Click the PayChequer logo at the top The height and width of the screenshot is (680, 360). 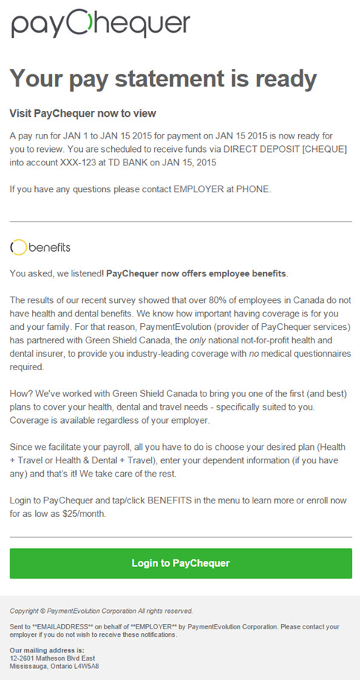101,24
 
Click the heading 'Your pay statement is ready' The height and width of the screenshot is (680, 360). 163,78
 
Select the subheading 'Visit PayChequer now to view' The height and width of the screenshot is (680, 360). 83,113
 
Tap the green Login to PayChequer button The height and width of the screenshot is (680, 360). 180,563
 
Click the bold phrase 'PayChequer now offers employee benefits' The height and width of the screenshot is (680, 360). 196,273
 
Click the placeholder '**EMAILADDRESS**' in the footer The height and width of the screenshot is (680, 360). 57,627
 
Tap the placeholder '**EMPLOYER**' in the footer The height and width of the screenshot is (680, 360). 142,627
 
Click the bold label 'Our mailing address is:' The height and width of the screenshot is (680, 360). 46,650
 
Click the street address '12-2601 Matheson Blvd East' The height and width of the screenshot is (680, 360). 52,658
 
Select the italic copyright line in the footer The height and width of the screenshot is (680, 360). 101,611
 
